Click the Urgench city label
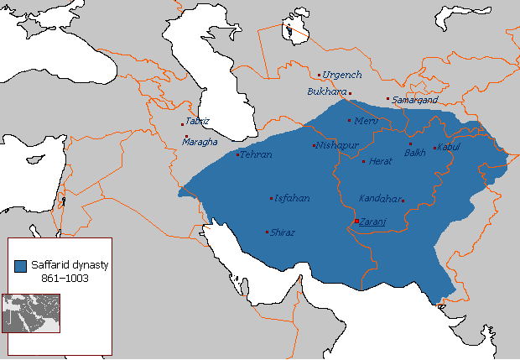[341, 75]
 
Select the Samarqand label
[415, 100]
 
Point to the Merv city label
[367, 121]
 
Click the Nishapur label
[337, 145]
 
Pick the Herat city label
[380, 160]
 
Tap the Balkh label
[415, 153]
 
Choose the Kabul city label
[449, 148]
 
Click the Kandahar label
[379, 199]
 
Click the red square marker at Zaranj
[356, 221]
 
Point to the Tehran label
[256, 155]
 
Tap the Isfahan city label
[292, 199]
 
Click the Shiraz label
[282, 232]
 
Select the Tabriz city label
[198, 121]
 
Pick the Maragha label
[200, 142]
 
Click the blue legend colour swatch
[20, 266]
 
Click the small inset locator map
[30, 312]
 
